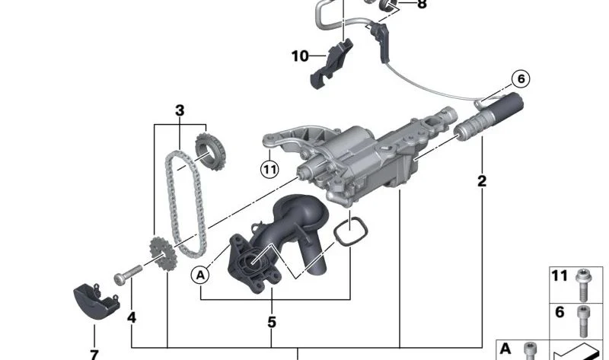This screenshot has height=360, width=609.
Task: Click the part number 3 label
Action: (x=180, y=111)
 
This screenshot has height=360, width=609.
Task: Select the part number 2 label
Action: (x=482, y=182)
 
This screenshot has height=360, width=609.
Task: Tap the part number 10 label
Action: (x=300, y=56)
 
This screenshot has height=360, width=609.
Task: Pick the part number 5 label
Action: (x=272, y=322)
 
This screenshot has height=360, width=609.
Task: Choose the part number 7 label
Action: (x=94, y=354)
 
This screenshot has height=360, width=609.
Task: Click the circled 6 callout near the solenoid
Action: (x=521, y=78)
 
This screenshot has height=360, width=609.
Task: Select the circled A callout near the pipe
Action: (x=201, y=274)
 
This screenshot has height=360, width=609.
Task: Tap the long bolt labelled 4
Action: (x=128, y=269)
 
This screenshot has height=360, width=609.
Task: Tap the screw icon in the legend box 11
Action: (x=584, y=284)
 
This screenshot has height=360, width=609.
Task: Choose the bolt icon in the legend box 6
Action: (x=584, y=319)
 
